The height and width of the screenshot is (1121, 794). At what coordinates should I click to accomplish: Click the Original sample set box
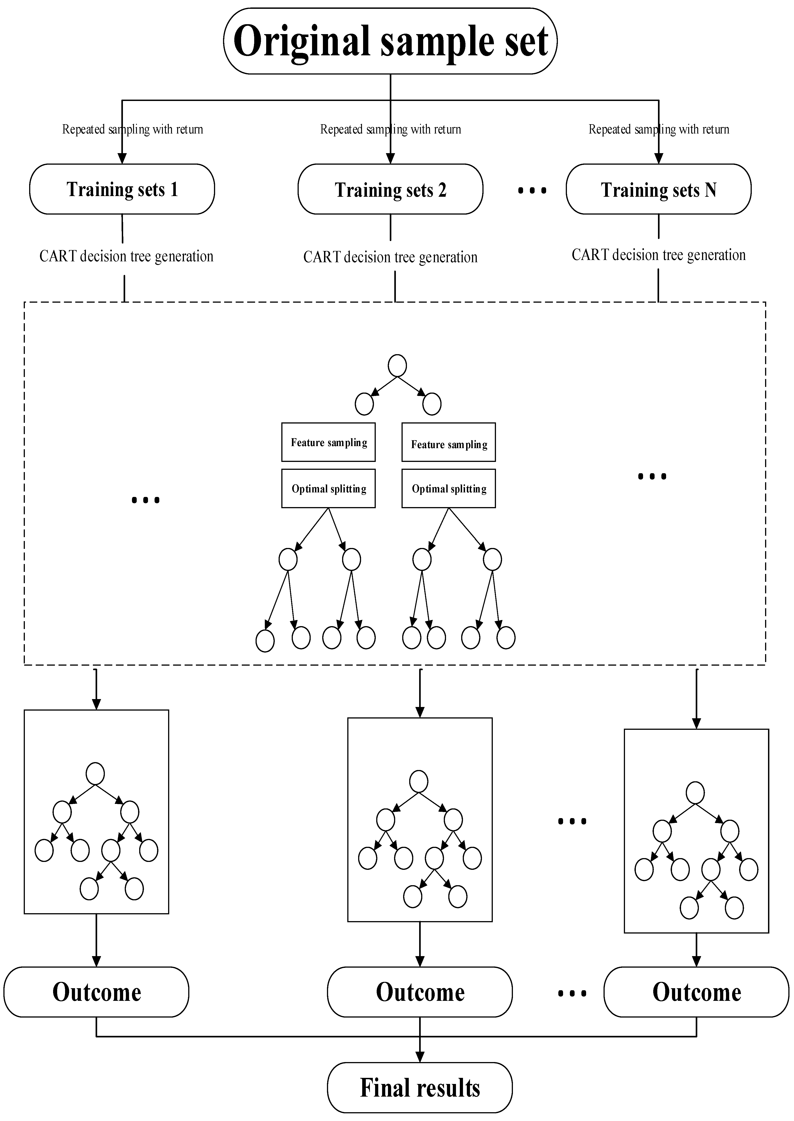pyautogui.click(x=390, y=41)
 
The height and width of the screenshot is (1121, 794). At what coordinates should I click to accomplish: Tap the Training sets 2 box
pyautogui.click(x=390, y=189)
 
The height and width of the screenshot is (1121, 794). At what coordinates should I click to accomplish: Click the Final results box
pyautogui.click(x=420, y=1087)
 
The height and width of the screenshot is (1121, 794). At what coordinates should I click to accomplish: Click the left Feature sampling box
pyautogui.click(x=328, y=442)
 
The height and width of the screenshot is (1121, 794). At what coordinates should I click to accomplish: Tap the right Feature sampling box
pyautogui.click(x=448, y=442)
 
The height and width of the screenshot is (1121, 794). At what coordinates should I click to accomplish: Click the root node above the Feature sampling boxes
pyautogui.click(x=397, y=365)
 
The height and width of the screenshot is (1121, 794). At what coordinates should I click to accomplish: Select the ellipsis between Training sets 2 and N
pyautogui.click(x=532, y=191)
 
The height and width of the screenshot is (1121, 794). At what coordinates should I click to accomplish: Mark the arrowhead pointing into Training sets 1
pyautogui.click(x=122, y=158)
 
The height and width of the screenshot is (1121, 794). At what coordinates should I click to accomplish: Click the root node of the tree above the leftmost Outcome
pyautogui.click(x=95, y=774)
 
